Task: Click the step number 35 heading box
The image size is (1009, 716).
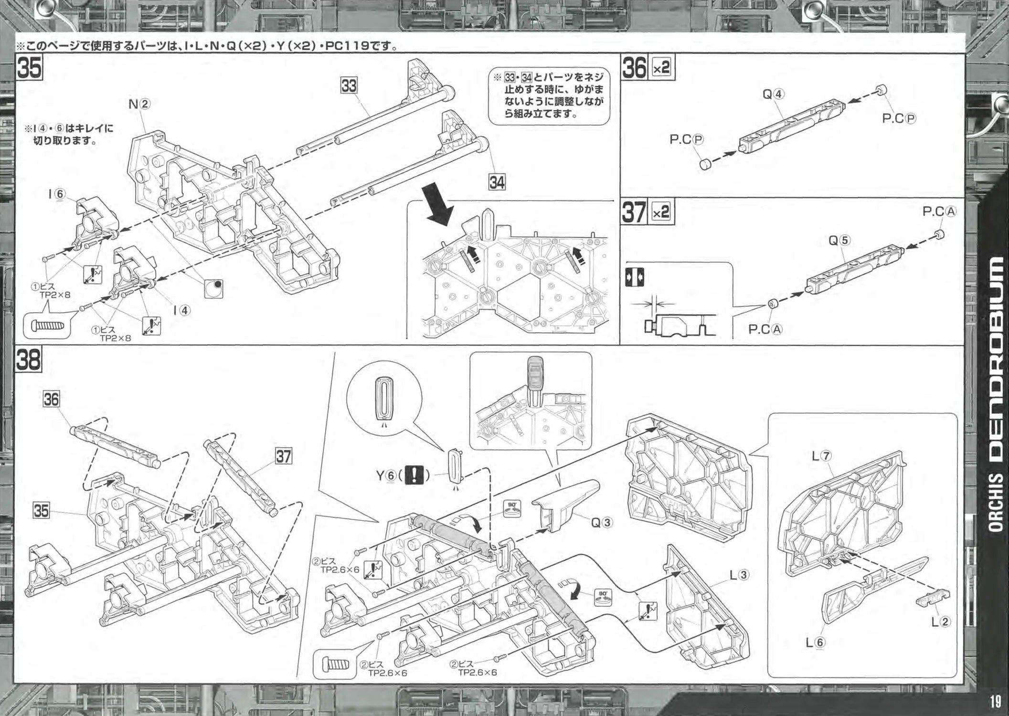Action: point(29,67)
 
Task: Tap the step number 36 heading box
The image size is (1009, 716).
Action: point(635,68)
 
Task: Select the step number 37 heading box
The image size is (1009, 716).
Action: point(634,212)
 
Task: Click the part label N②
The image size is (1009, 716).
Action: point(139,104)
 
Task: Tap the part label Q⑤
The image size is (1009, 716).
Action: point(839,240)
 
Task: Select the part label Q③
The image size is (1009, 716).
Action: point(602,522)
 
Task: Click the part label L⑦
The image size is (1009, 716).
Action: point(822,456)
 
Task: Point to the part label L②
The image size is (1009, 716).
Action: point(941,621)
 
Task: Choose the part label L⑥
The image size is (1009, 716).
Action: point(815,642)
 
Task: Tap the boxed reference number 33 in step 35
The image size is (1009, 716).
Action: point(349,86)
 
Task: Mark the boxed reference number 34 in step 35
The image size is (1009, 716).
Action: point(497,182)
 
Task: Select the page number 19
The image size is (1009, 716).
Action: point(995,702)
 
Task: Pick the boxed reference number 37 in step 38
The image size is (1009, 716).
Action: point(283,456)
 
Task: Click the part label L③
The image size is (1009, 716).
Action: point(739,575)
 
